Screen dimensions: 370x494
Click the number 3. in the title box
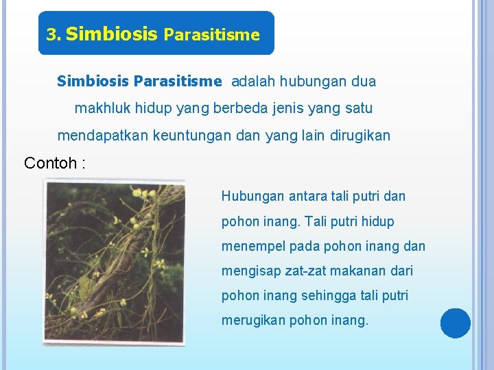pyautogui.click(x=54, y=34)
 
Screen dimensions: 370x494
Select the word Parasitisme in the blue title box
pyautogui.click(x=212, y=34)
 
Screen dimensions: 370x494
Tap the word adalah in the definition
pyautogui.click(x=254, y=82)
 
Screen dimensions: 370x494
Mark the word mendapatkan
pyautogui.click(x=101, y=136)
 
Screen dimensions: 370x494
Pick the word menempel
pyautogui.click(x=251, y=246)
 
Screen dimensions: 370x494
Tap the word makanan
pyautogui.click(x=357, y=271)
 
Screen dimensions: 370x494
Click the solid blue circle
pyautogui.click(x=455, y=323)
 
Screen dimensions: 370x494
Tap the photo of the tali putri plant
pyautogui.click(x=114, y=261)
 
